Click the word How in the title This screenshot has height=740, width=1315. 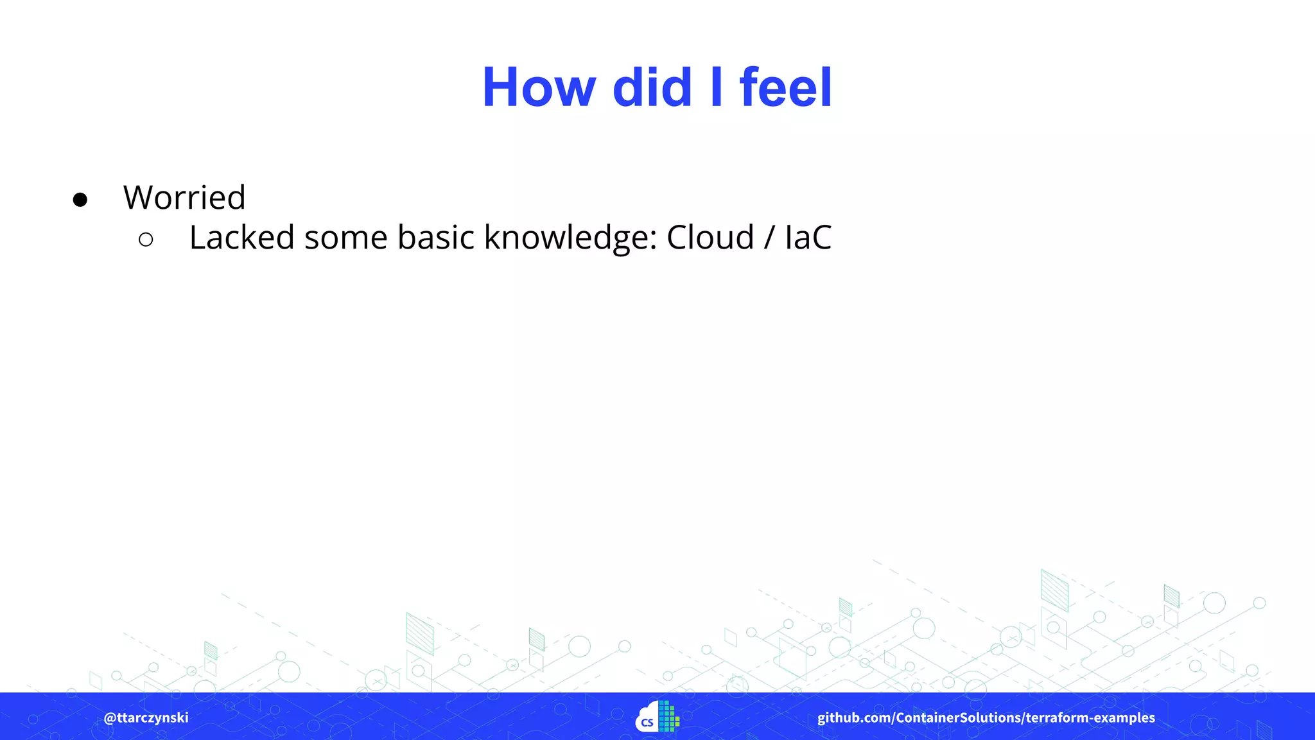pyautogui.click(x=539, y=87)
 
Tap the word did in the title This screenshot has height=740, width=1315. pyautogui.click(x=652, y=87)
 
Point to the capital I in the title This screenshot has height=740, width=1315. pyautogui.click(x=717, y=87)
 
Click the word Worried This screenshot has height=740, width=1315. pyautogui.click(x=184, y=197)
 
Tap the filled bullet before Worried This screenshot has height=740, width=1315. pyautogui.click(x=80, y=200)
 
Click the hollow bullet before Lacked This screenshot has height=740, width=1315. pyautogui.click(x=146, y=240)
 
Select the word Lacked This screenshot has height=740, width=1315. pyautogui.click(x=241, y=237)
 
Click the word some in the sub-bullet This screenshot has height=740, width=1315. pyautogui.click(x=345, y=237)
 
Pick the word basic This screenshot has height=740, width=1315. pyautogui.click(x=435, y=237)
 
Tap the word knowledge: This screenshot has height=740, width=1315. pyautogui.click(x=571, y=237)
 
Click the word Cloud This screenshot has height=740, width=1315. pyautogui.click(x=710, y=237)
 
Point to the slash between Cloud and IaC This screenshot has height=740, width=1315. pyautogui.click(x=769, y=237)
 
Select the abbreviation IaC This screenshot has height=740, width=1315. pyautogui.click(x=808, y=237)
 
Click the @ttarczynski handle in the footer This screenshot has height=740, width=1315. pyautogui.click(x=146, y=718)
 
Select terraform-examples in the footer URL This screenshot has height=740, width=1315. pyautogui.click(x=1090, y=718)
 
